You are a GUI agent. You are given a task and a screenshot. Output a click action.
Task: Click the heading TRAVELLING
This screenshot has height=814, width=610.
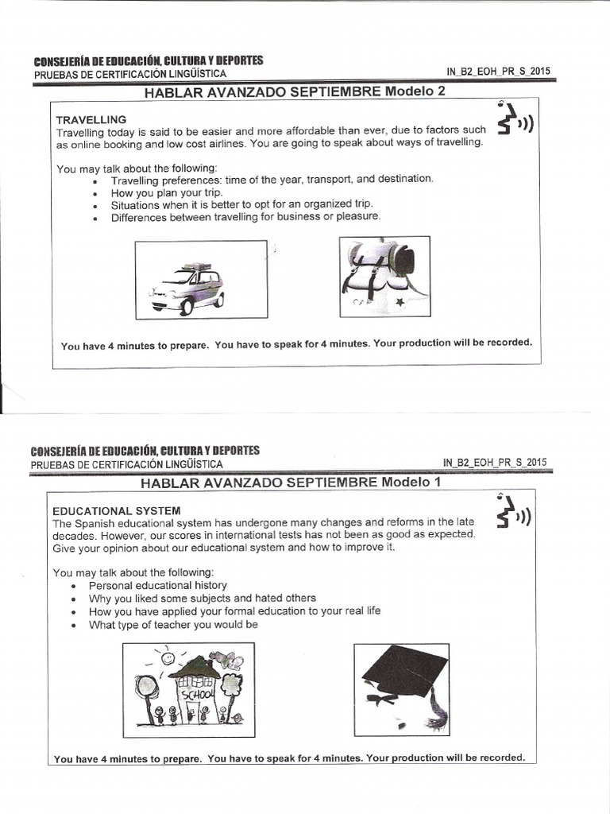click(91, 119)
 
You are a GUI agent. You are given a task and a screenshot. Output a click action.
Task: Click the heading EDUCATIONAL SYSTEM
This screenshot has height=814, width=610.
click(117, 510)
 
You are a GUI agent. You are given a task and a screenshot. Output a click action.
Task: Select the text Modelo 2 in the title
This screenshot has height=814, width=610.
click(415, 91)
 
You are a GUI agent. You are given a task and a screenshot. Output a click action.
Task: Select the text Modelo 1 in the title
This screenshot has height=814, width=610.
click(411, 482)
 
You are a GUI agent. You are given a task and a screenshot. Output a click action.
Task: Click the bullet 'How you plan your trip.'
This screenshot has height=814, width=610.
click(167, 192)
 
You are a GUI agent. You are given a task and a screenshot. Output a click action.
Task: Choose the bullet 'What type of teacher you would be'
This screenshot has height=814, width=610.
click(173, 625)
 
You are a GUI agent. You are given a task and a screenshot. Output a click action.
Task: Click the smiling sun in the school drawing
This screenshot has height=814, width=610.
click(168, 657)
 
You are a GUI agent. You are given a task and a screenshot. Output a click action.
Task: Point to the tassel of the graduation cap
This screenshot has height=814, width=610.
click(436, 710)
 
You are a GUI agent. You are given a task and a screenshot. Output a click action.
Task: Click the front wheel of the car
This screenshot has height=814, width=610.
click(187, 307)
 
